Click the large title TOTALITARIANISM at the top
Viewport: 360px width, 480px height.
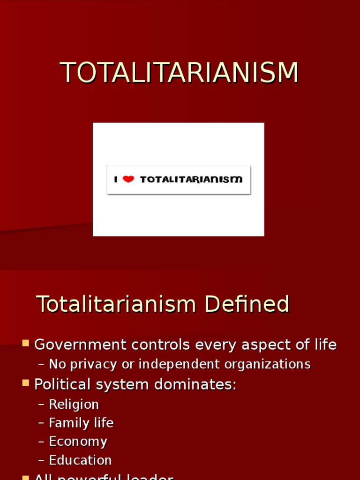[x=180, y=73]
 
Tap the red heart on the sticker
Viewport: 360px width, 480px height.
[x=128, y=179]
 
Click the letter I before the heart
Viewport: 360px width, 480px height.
[x=116, y=179]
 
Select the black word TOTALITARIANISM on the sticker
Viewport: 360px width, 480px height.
[x=191, y=179]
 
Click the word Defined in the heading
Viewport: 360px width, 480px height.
[x=246, y=304]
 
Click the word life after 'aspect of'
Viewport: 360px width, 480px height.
[x=326, y=345]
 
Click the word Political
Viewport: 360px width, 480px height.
[x=61, y=384]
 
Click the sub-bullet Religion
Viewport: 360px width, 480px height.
[x=74, y=405]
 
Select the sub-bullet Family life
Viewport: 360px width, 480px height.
[x=81, y=423]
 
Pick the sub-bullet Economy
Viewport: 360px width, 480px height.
[x=78, y=442]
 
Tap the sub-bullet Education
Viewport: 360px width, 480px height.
[x=80, y=460]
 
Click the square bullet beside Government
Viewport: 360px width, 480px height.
[x=25, y=343]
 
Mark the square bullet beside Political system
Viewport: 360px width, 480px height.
[x=25, y=383]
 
